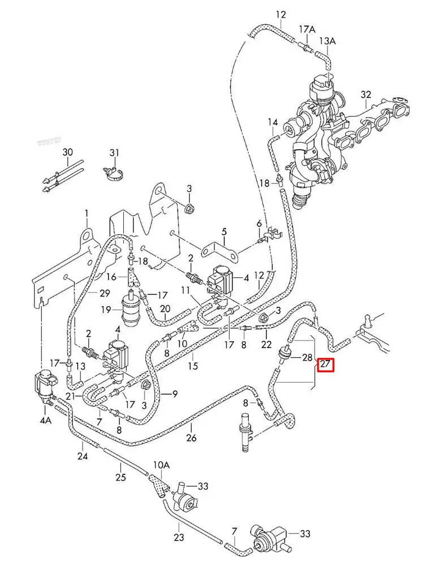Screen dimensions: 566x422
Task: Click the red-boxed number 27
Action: point(325,365)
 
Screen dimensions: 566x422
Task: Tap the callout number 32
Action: point(366,95)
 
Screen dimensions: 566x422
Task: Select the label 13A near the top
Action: point(327,41)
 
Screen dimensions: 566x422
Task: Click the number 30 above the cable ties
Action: point(68,152)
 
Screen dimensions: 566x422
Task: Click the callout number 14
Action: point(273,122)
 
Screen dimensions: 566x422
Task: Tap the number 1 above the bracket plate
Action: point(87,213)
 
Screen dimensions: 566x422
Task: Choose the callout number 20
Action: point(165,308)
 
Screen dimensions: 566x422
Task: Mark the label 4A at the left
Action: point(45,421)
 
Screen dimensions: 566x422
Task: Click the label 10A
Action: point(161,465)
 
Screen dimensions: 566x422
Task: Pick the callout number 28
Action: point(307,358)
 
